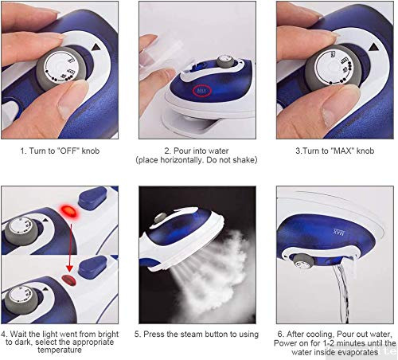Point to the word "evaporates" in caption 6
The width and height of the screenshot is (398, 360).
click(x=361, y=350)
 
